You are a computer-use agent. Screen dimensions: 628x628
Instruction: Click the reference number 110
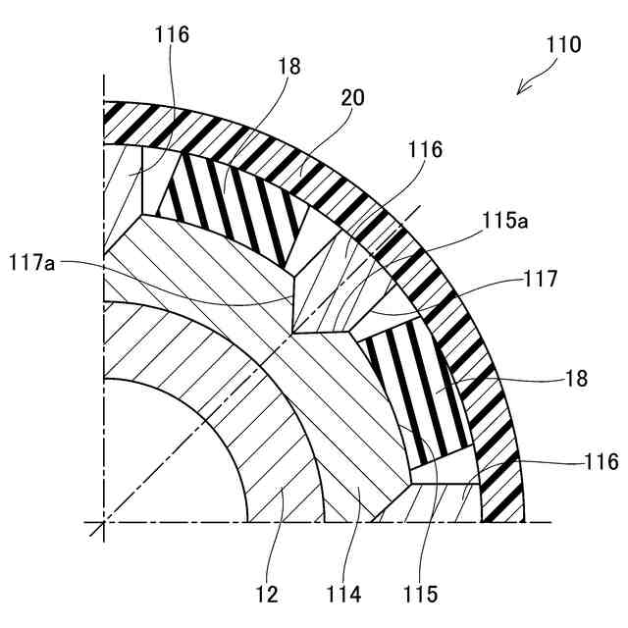pos(563,44)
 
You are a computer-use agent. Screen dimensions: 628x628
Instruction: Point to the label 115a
pos(506,222)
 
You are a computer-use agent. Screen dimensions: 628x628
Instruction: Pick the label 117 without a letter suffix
pos(541,279)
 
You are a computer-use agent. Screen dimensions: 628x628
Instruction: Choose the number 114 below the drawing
pos(344,595)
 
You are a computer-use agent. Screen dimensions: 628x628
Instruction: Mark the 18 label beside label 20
pos(289,67)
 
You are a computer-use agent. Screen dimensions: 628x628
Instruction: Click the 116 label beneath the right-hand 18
pos(600,461)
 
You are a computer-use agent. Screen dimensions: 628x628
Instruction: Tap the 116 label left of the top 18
pos(172,35)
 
